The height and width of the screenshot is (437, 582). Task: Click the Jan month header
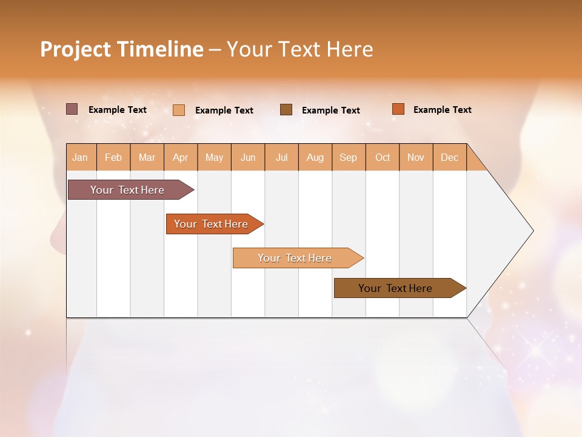pos(81,157)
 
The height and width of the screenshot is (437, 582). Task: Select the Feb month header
pos(113,157)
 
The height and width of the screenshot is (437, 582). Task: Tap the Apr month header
pos(181,157)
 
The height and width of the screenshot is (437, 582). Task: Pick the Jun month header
pos(248,157)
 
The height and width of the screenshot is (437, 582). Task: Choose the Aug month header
pos(315,157)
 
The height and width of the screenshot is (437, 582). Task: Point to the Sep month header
pos(349,157)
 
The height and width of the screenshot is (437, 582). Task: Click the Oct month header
pos(383,157)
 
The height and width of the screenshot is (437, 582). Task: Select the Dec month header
pos(450,157)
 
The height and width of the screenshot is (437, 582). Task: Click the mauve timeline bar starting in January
pos(128,190)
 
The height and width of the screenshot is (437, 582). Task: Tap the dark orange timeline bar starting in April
pos(212,224)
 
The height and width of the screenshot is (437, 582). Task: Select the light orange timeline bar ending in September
pos(295,258)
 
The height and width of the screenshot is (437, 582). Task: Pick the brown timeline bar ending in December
pos(396,288)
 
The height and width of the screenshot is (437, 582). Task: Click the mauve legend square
pos(72,109)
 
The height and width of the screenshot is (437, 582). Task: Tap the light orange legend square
pos(179,110)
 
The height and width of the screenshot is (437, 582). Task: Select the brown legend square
pos(286,110)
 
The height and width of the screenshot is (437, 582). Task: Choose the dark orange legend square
pos(398,109)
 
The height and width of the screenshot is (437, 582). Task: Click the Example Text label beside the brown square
pos(331,110)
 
